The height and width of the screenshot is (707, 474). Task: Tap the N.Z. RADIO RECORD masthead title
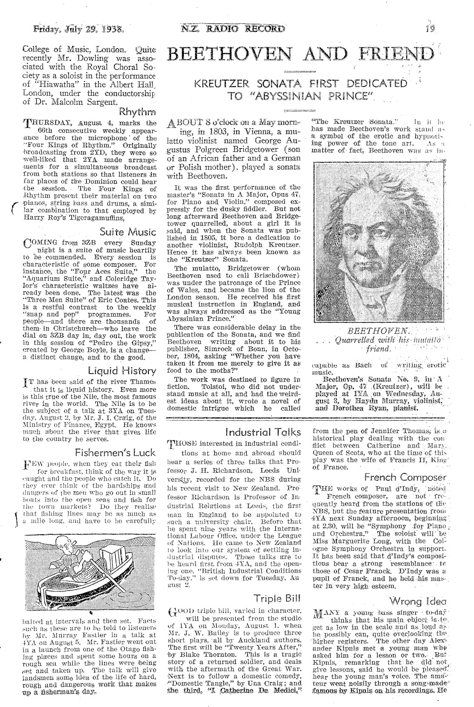pos(232,29)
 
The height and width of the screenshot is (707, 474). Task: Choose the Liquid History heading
pos(122,371)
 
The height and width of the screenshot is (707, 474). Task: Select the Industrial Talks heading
pos(263,432)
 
